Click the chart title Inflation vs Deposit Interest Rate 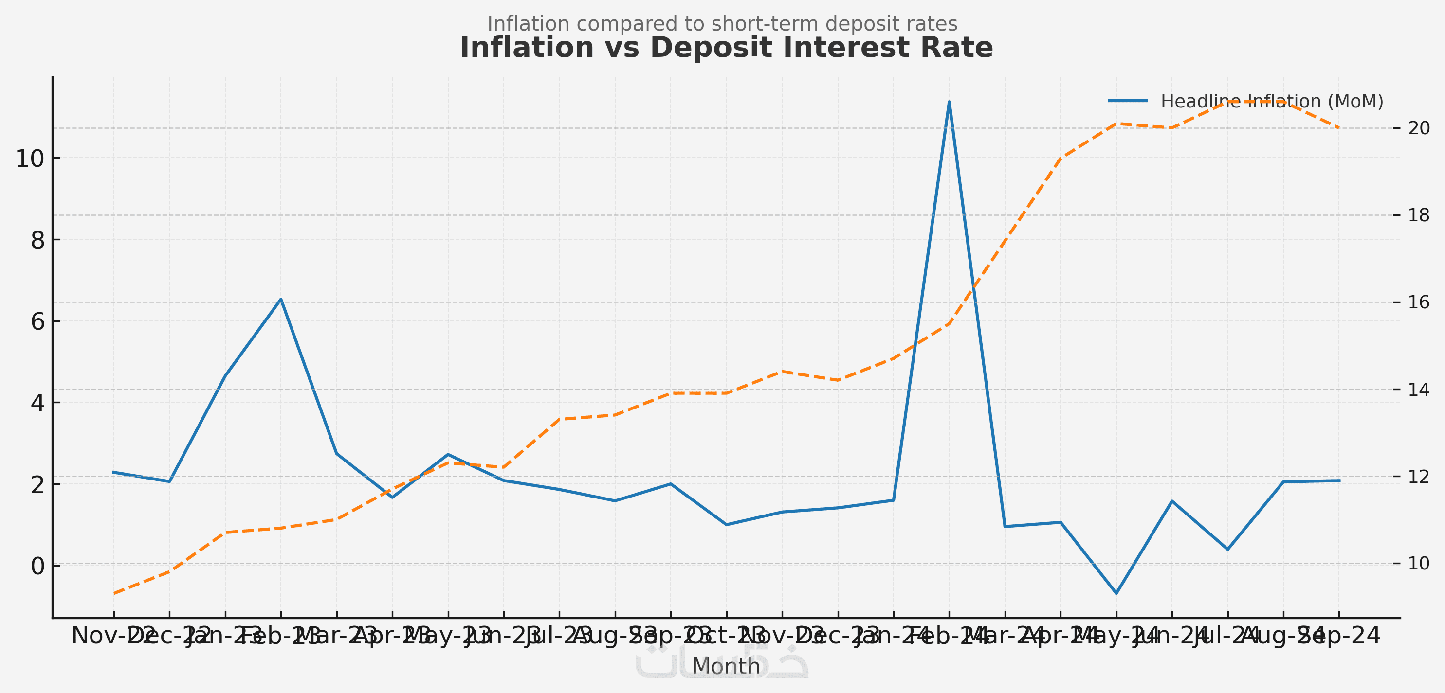[726, 48]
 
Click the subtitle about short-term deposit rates [722, 23]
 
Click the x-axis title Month [726, 667]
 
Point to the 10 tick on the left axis [30, 159]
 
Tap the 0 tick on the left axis [37, 566]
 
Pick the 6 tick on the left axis [37, 322]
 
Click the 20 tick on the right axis [1419, 128]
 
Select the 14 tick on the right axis [1419, 390]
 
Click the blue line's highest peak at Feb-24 [949, 102]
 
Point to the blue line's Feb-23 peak [281, 299]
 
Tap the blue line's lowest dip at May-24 [1116, 593]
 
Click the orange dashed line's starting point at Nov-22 [114, 593]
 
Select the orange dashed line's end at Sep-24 [1339, 128]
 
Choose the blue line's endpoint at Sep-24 [1339, 480]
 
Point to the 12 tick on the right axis [1419, 477]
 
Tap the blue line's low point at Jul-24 [1228, 549]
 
